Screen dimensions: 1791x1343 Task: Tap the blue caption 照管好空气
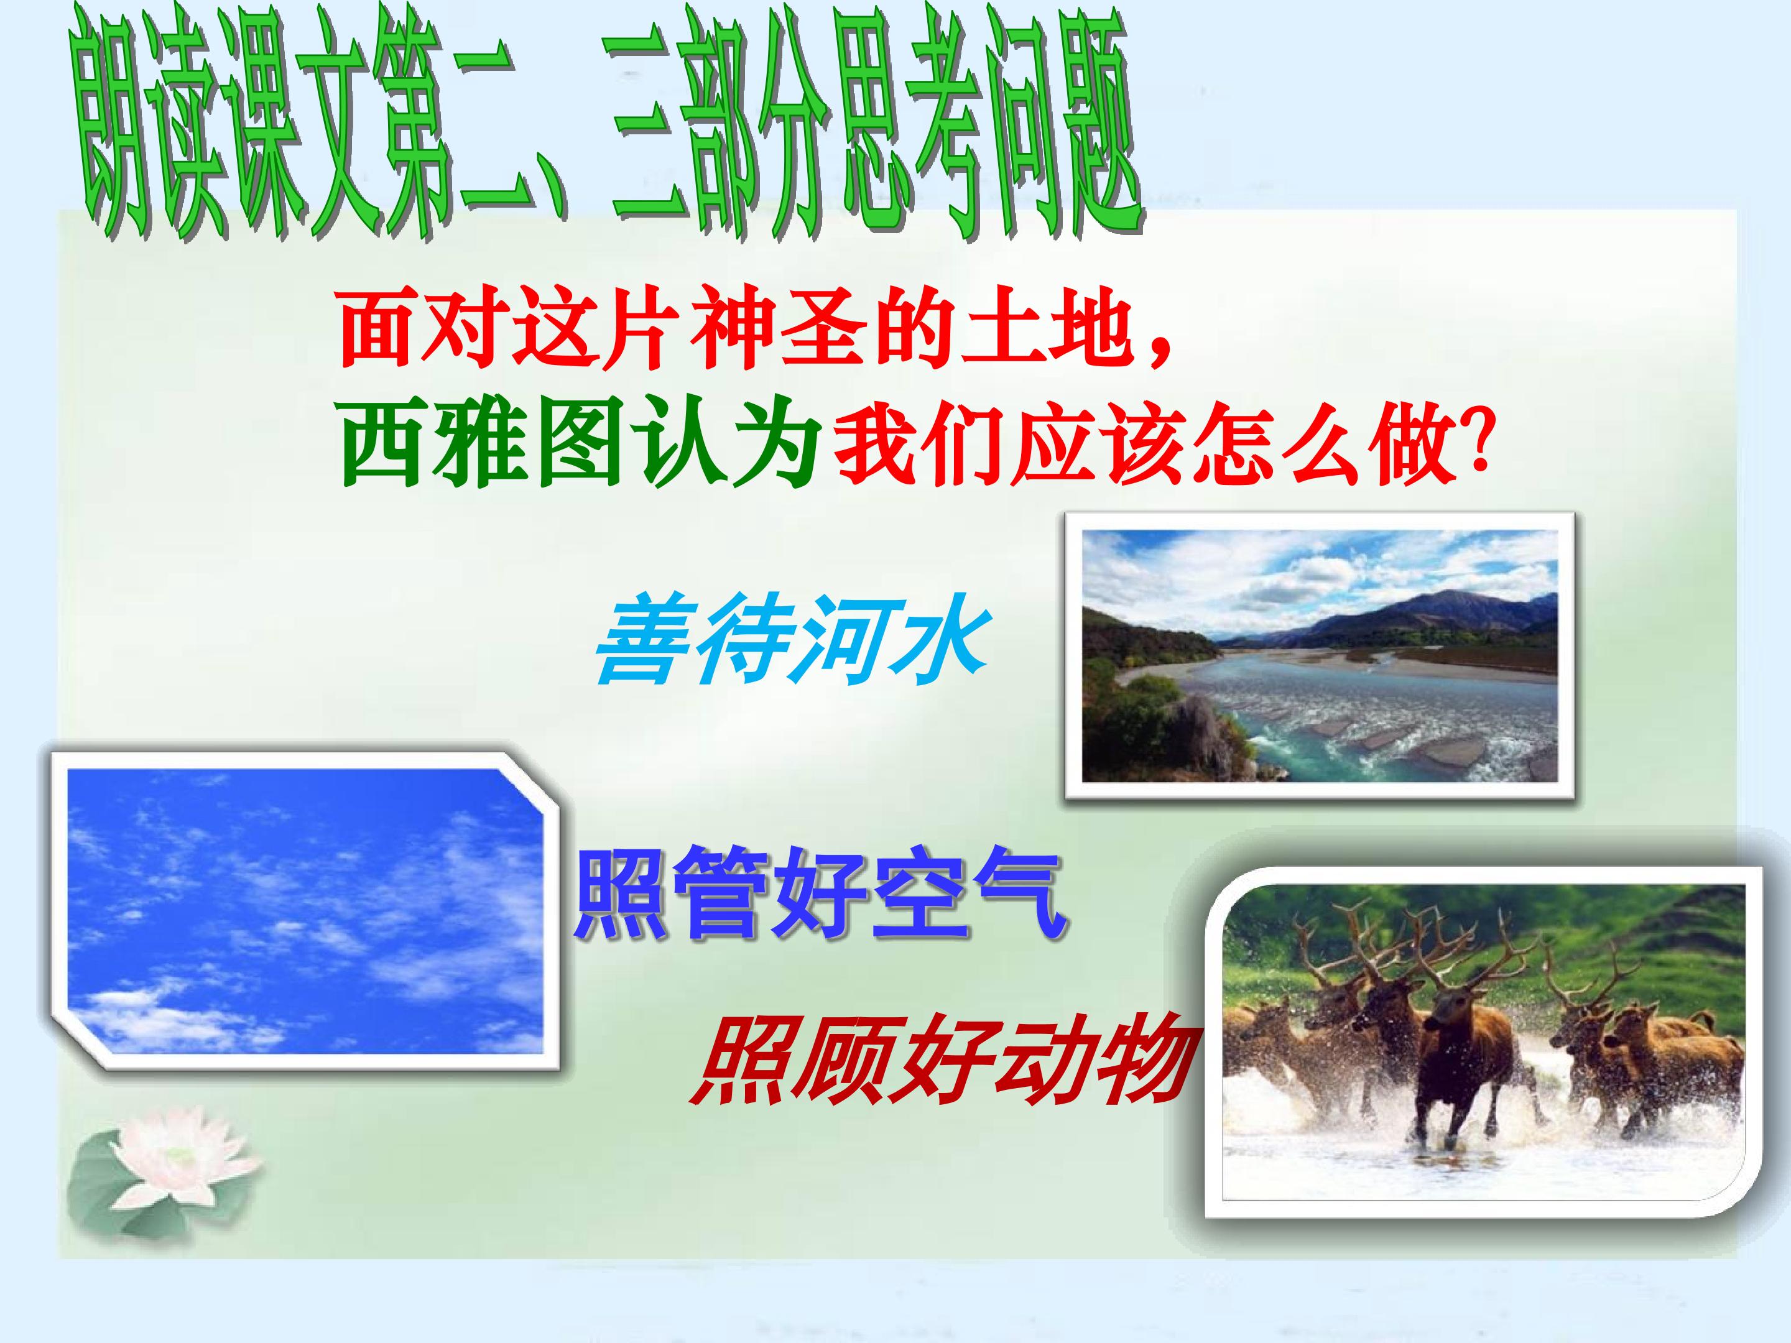coord(821,896)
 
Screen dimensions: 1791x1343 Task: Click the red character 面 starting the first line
coord(381,335)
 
